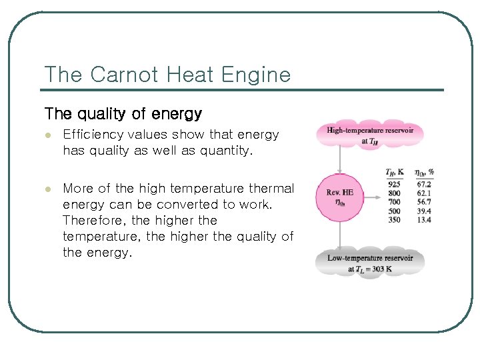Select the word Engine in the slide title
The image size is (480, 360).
[257, 75]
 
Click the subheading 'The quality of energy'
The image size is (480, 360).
[123, 114]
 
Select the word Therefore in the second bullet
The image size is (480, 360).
[93, 220]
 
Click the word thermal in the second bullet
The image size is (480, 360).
[271, 189]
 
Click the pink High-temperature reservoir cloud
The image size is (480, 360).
[370, 135]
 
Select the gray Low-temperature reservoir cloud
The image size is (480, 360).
[370, 263]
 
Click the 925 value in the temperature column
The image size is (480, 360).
[393, 184]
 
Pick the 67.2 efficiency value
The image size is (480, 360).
[424, 184]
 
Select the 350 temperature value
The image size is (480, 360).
[393, 219]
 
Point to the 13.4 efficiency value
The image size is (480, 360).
[424, 219]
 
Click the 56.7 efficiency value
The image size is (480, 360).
[424, 201]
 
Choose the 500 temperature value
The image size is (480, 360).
[393, 211]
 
